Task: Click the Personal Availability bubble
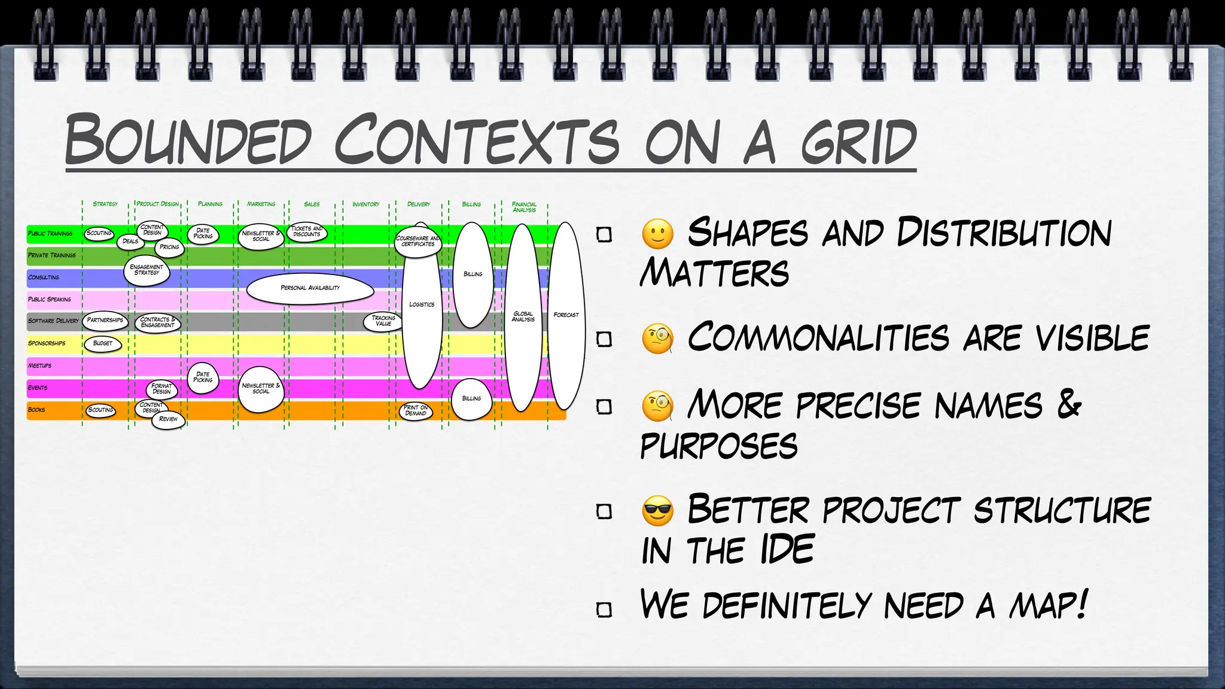pos(310,288)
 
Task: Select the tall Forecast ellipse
pos(566,315)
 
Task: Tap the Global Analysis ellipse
pos(523,317)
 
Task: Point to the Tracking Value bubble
pos(383,321)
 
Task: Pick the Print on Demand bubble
pos(416,411)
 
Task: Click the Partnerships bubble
pos(105,321)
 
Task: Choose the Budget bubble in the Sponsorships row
pos(103,344)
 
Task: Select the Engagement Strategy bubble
pos(147,270)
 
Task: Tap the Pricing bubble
pos(169,247)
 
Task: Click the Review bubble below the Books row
pos(168,419)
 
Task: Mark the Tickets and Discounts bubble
pos(307,231)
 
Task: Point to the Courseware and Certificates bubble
pos(418,242)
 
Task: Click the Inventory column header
pos(366,205)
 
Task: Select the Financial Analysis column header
pos(525,207)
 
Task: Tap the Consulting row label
pos(44,278)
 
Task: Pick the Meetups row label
pos(39,365)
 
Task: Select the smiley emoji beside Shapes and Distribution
pos(657,234)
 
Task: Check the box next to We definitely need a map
pos(604,609)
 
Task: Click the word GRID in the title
pos(858,142)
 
